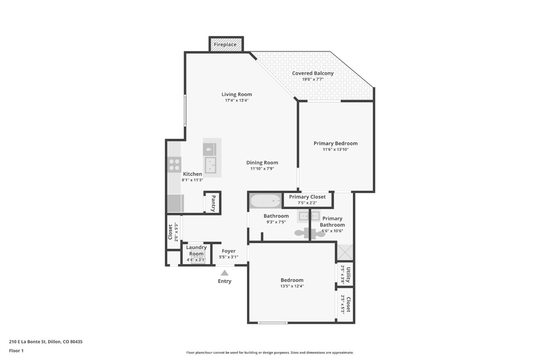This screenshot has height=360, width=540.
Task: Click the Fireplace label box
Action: (225, 45)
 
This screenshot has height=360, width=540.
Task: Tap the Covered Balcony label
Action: (313, 73)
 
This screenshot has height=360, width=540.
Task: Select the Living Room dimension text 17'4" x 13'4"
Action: (237, 100)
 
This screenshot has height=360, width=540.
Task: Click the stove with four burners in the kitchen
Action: (174, 165)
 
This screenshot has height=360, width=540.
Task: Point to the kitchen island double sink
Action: (210, 165)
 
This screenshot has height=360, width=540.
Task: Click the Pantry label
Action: (213, 203)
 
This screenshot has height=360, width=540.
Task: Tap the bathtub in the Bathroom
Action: (265, 201)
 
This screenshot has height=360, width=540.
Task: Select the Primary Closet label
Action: (307, 197)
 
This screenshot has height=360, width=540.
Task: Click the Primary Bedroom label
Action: (336, 143)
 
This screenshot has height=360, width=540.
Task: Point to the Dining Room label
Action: (262, 163)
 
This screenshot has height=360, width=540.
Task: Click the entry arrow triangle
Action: (225, 273)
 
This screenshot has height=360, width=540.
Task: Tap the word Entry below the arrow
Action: (225, 281)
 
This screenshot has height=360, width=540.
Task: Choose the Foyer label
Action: (229, 251)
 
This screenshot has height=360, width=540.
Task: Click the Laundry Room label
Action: (196, 250)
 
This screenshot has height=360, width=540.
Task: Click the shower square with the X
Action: (345, 253)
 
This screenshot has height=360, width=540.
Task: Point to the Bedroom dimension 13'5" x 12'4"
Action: (292, 286)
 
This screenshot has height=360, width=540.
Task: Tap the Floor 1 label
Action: (16, 350)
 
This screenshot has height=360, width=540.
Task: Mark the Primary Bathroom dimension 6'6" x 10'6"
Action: (332, 231)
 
